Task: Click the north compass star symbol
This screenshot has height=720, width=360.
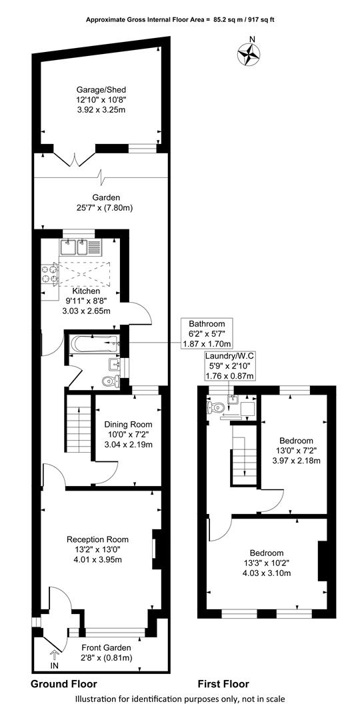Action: (249, 53)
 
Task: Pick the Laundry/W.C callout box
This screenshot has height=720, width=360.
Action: (229, 366)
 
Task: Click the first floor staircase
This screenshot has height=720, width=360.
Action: (243, 455)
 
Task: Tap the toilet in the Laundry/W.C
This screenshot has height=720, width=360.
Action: (216, 407)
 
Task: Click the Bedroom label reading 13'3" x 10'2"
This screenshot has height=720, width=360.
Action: (267, 563)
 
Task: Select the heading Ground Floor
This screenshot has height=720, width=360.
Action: (64, 684)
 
